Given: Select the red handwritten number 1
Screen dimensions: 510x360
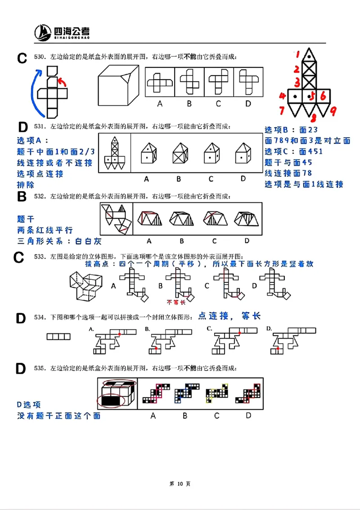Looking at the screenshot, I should (x=297, y=55).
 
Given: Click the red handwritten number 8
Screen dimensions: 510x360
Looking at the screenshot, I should (x=313, y=118).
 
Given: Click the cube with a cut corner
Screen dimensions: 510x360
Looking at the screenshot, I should (x=119, y=81).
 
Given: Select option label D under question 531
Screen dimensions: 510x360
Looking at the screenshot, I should (x=243, y=179).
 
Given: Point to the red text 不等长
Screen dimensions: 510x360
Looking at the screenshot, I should (x=175, y=302).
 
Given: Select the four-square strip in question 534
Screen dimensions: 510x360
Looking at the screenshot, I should (x=58, y=336).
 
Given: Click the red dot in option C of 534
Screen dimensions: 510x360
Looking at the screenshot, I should (x=240, y=333).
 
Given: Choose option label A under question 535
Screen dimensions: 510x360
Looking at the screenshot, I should (x=153, y=415).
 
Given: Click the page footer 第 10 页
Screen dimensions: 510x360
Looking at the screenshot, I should (x=180, y=484).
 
